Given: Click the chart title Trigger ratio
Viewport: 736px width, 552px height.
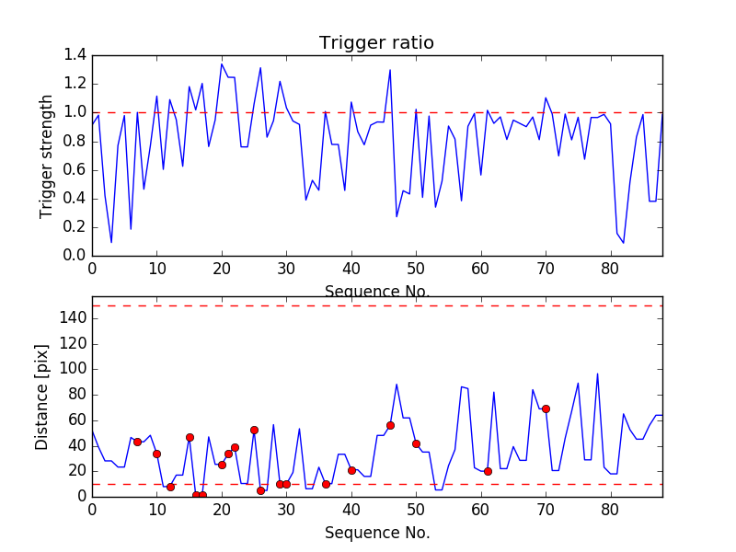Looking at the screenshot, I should [x=376, y=42].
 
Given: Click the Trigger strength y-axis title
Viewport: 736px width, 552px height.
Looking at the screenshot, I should [x=46, y=155].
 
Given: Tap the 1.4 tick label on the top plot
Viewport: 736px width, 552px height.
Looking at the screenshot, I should [x=75, y=55].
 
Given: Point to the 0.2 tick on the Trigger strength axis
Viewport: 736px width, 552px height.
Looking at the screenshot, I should [x=75, y=226].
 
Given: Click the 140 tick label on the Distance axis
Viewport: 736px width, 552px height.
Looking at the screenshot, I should [x=73, y=318].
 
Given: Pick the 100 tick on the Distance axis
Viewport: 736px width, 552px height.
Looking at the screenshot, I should [x=73, y=369].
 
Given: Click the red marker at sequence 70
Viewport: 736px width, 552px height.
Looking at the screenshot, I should [x=546, y=408].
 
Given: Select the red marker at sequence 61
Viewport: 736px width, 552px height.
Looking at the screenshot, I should [x=488, y=471].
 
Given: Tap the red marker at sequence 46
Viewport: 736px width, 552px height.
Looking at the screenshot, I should [x=390, y=425].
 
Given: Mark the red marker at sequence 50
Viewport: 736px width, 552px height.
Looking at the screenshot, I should [x=416, y=443].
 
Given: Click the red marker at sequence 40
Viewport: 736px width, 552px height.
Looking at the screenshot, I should [x=351, y=470].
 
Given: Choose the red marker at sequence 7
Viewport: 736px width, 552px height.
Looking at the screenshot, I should [x=137, y=442].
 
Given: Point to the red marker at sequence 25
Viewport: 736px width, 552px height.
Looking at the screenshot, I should [x=254, y=430].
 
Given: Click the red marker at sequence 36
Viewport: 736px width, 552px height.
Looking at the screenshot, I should [x=326, y=484].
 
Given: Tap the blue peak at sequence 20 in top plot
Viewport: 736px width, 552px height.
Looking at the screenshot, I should [x=222, y=63].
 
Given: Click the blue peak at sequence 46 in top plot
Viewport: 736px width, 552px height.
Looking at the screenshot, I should [x=390, y=70].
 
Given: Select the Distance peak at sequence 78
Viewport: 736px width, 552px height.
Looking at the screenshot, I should [x=597, y=374].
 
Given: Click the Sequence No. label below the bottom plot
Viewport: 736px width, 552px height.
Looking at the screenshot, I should [x=376, y=533].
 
